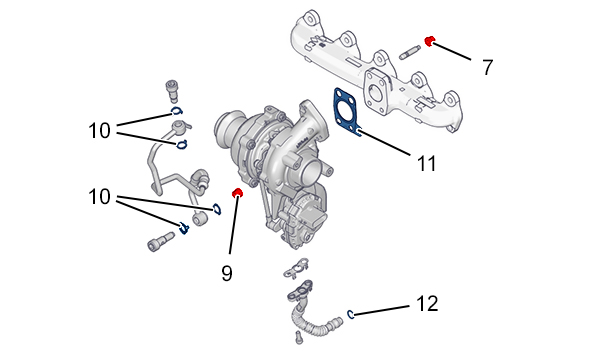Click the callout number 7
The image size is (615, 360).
coord(487,67)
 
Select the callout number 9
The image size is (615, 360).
coord(227,273)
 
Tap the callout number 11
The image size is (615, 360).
coord(426,163)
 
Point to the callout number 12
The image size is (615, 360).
coord(427,304)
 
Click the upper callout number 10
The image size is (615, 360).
coord(99,130)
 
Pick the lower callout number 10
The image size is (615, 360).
coord(99,196)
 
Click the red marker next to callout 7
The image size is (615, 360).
coord(429,40)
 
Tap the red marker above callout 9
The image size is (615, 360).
coord(237,192)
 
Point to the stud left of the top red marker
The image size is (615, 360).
coord(410,53)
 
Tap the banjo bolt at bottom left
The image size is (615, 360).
coord(160,240)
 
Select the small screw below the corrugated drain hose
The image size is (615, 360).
coord(299,338)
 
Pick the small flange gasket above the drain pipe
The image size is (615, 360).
coord(295,268)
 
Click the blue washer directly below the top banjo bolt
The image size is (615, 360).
coord(177,111)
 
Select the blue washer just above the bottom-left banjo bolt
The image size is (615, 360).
coord(184,228)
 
